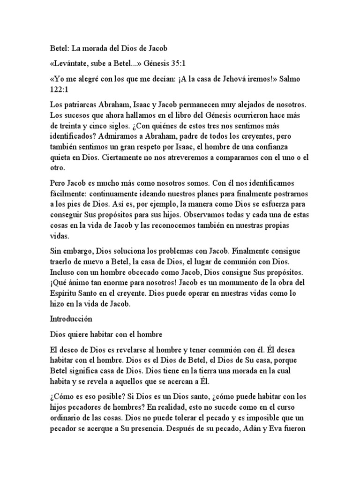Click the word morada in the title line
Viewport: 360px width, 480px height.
[x=99, y=48]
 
